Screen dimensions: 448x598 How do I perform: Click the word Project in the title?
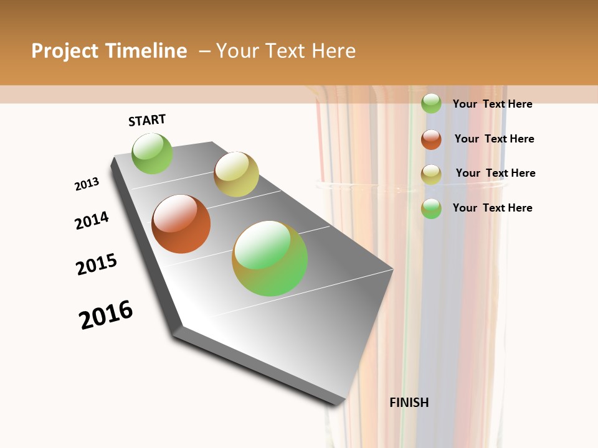pyautogui.click(x=65, y=51)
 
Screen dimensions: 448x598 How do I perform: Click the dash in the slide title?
pyautogui.click(x=204, y=51)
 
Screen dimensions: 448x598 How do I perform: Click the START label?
pyautogui.click(x=147, y=120)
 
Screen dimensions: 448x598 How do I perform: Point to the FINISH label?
pyautogui.click(x=409, y=403)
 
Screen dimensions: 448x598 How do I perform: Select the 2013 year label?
pyautogui.click(x=87, y=184)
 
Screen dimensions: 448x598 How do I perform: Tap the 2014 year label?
pyautogui.click(x=92, y=220)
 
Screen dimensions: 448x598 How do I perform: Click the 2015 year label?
pyautogui.click(x=97, y=264)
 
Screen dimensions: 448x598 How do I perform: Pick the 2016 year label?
pyautogui.click(x=106, y=315)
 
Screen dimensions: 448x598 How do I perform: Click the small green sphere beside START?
pyautogui.click(x=152, y=153)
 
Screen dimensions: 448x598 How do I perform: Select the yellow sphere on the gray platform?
pyautogui.click(x=236, y=174)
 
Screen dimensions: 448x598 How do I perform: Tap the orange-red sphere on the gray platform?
pyautogui.click(x=181, y=224)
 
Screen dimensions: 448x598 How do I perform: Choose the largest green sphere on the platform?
pyautogui.click(x=270, y=258)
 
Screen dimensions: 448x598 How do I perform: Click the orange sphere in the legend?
pyautogui.click(x=431, y=139)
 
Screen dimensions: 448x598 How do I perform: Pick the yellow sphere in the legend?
pyautogui.click(x=431, y=174)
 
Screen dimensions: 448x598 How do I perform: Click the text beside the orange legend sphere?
pyautogui.click(x=494, y=139)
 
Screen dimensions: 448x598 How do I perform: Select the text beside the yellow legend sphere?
pyautogui.click(x=495, y=173)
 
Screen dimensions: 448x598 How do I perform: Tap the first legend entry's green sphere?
pyautogui.click(x=431, y=103)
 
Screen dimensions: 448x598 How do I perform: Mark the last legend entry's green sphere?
pyautogui.click(x=431, y=208)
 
